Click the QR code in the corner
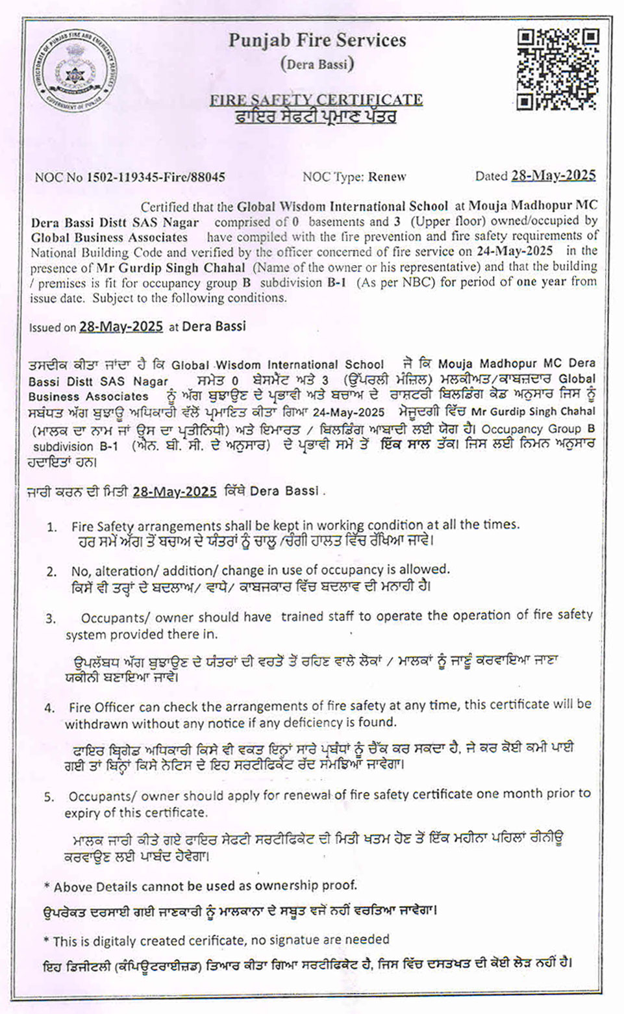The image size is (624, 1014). [x=557, y=70]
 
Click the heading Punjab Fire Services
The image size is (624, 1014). [x=317, y=40]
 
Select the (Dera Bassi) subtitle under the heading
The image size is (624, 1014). [x=317, y=64]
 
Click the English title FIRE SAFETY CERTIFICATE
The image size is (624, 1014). [x=316, y=99]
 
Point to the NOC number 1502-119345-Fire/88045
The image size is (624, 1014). [x=156, y=177]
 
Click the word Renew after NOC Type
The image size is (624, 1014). [x=387, y=177]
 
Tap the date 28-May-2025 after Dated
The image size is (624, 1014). [x=553, y=175]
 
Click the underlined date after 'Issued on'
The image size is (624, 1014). [x=121, y=327]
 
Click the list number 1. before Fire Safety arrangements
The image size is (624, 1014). [x=52, y=527]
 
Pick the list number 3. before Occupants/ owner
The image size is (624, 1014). [x=51, y=618]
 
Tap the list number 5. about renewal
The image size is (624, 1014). [x=49, y=796]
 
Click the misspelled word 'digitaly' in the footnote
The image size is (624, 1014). [x=101, y=940]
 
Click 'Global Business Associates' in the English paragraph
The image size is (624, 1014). [x=109, y=237]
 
